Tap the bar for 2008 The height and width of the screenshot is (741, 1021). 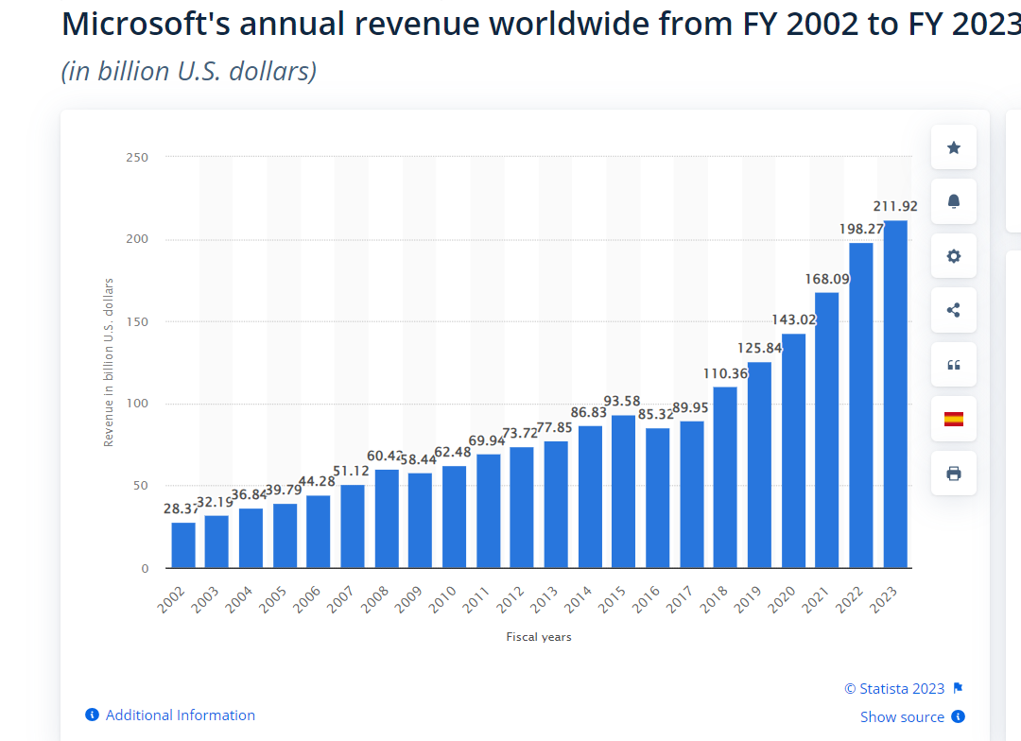tap(387, 519)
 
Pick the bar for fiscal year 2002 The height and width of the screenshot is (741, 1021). tap(183, 545)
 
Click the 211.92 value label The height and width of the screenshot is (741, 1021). tap(894, 206)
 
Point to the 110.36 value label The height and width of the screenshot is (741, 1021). tap(725, 373)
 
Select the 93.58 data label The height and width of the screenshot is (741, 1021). tap(622, 402)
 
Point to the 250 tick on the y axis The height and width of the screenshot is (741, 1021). tap(137, 157)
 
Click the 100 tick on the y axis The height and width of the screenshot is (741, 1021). tap(137, 405)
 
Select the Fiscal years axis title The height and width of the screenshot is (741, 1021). tap(539, 637)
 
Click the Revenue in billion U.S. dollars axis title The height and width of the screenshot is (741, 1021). tap(109, 363)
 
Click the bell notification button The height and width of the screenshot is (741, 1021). tap(953, 201)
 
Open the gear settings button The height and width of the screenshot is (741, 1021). tap(953, 256)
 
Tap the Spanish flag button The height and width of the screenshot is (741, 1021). tap(953, 419)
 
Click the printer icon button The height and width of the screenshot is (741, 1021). tap(953, 474)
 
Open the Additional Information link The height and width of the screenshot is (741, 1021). tap(180, 715)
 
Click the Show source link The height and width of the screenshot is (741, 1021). tap(903, 717)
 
